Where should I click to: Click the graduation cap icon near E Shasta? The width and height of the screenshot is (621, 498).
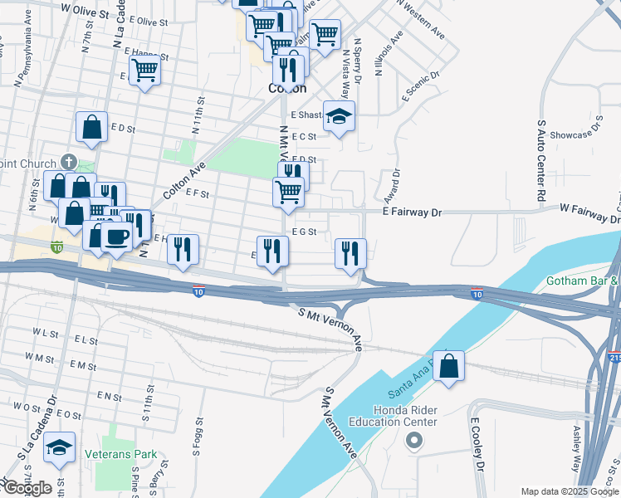339,116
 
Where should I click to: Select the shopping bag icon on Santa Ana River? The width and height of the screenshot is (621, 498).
448,367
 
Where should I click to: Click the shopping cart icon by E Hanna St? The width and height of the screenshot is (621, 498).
145,71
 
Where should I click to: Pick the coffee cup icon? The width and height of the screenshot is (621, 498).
115,237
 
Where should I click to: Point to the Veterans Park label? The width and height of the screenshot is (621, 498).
120,455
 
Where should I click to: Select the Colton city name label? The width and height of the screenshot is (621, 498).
287,88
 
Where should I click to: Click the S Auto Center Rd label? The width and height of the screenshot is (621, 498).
540,161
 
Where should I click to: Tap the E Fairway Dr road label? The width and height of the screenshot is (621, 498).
412,213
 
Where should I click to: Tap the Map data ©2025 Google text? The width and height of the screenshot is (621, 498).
570,491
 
